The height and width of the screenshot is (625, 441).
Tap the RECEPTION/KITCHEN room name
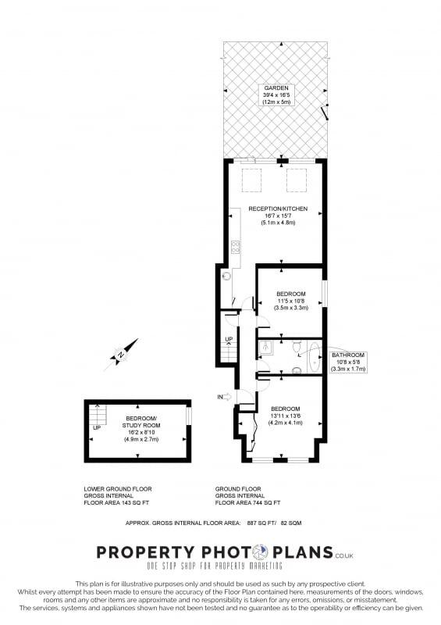pyautogui.click(x=273, y=209)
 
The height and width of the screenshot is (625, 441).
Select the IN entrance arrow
pyautogui.click(x=226, y=397)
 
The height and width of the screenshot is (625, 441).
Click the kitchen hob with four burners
pyautogui.click(x=235, y=248)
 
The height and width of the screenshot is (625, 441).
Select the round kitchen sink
pyautogui.click(x=227, y=275)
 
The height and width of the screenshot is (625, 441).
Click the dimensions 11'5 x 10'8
pyautogui.click(x=291, y=301)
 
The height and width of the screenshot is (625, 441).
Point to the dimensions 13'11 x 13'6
pyautogui.click(x=285, y=416)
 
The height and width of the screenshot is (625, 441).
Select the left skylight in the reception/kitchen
pyautogui.click(x=251, y=181)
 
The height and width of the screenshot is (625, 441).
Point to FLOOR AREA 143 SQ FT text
pyautogui.click(x=119, y=504)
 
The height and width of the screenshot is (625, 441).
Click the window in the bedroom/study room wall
pyautogui.click(x=188, y=416)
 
